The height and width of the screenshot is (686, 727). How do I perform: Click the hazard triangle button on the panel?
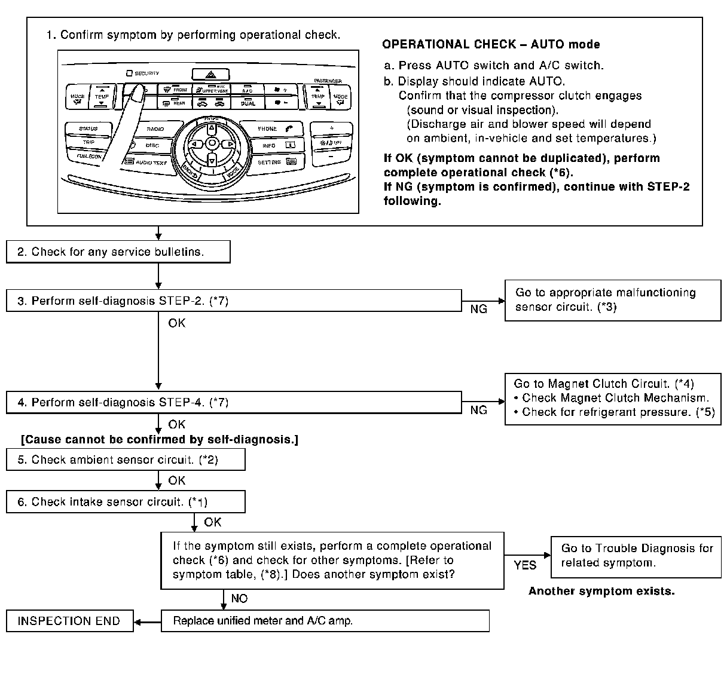(x=210, y=75)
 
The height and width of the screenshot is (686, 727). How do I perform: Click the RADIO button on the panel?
(x=155, y=129)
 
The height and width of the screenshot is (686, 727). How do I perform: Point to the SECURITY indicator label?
(x=143, y=73)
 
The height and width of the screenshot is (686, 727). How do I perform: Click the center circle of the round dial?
(x=212, y=143)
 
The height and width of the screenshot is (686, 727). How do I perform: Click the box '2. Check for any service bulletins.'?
(x=118, y=252)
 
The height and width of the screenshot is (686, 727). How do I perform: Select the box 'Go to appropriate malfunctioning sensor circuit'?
(x=612, y=300)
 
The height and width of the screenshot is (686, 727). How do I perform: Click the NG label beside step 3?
(x=479, y=309)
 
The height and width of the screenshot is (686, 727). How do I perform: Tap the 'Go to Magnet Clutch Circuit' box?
(x=612, y=398)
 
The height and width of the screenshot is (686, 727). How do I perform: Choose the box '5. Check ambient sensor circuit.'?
(x=126, y=460)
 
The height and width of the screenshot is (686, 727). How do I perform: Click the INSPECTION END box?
(x=69, y=621)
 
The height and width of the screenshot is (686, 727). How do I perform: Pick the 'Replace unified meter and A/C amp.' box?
(x=325, y=621)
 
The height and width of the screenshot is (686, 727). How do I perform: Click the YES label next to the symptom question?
(x=525, y=565)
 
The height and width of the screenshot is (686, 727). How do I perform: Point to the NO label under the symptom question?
(x=239, y=599)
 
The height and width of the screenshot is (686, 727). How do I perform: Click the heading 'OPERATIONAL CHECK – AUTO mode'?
(x=491, y=44)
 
